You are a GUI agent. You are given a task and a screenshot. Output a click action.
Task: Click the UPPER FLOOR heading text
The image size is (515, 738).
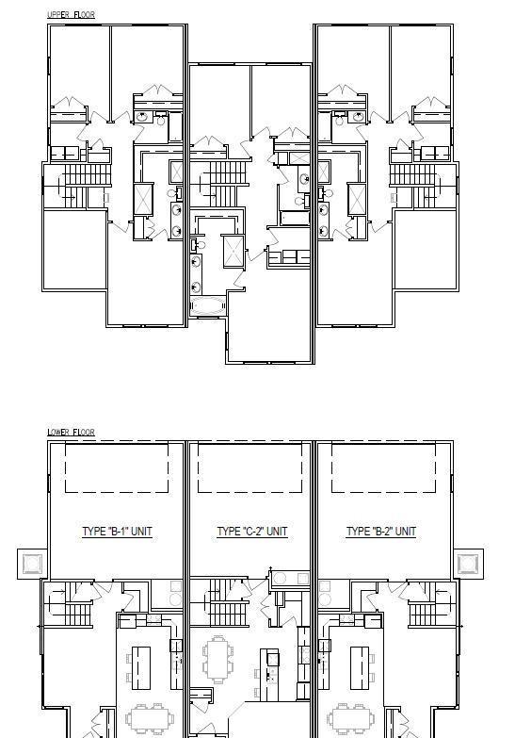pyautogui.click(x=71, y=14)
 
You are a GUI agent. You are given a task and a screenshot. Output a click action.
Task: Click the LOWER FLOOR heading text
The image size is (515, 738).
pyautogui.click(x=71, y=432)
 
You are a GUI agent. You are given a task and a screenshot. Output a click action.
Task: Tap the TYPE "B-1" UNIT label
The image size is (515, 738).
pyautogui.click(x=117, y=532)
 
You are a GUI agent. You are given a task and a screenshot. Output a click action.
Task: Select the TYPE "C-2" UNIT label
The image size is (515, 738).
pyautogui.click(x=252, y=532)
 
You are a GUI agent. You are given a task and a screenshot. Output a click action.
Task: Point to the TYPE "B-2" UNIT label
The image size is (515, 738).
pyautogui.click(x=381, y=532)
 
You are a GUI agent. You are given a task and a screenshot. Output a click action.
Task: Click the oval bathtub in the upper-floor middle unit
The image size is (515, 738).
pyautogui.click(x=208, y=306)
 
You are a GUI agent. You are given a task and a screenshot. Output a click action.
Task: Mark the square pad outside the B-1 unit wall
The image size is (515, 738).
pyautogui.click(x=32, y=564)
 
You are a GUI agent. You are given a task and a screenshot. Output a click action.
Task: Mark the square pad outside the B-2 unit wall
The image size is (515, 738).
pyautogui.click(x=469, y=564)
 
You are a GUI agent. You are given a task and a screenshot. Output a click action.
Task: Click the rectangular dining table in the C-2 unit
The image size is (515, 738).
pyautogui.click(x=218, y=660)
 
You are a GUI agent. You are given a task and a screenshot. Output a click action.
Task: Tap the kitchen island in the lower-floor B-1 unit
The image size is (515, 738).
pyautogui.click(x=140, y=668)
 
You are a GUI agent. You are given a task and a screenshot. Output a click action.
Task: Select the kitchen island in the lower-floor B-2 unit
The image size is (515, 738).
pyautogui.click(x=360, y=668)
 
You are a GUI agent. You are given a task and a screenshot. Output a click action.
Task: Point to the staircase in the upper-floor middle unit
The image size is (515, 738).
pyautogui.click(x=224, y=184)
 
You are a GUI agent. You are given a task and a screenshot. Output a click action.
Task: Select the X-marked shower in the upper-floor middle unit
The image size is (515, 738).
pyautogui.click(x=233, y=251)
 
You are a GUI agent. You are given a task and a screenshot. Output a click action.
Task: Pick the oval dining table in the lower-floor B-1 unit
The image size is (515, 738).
pyautogui.click(x=150, y=719)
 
